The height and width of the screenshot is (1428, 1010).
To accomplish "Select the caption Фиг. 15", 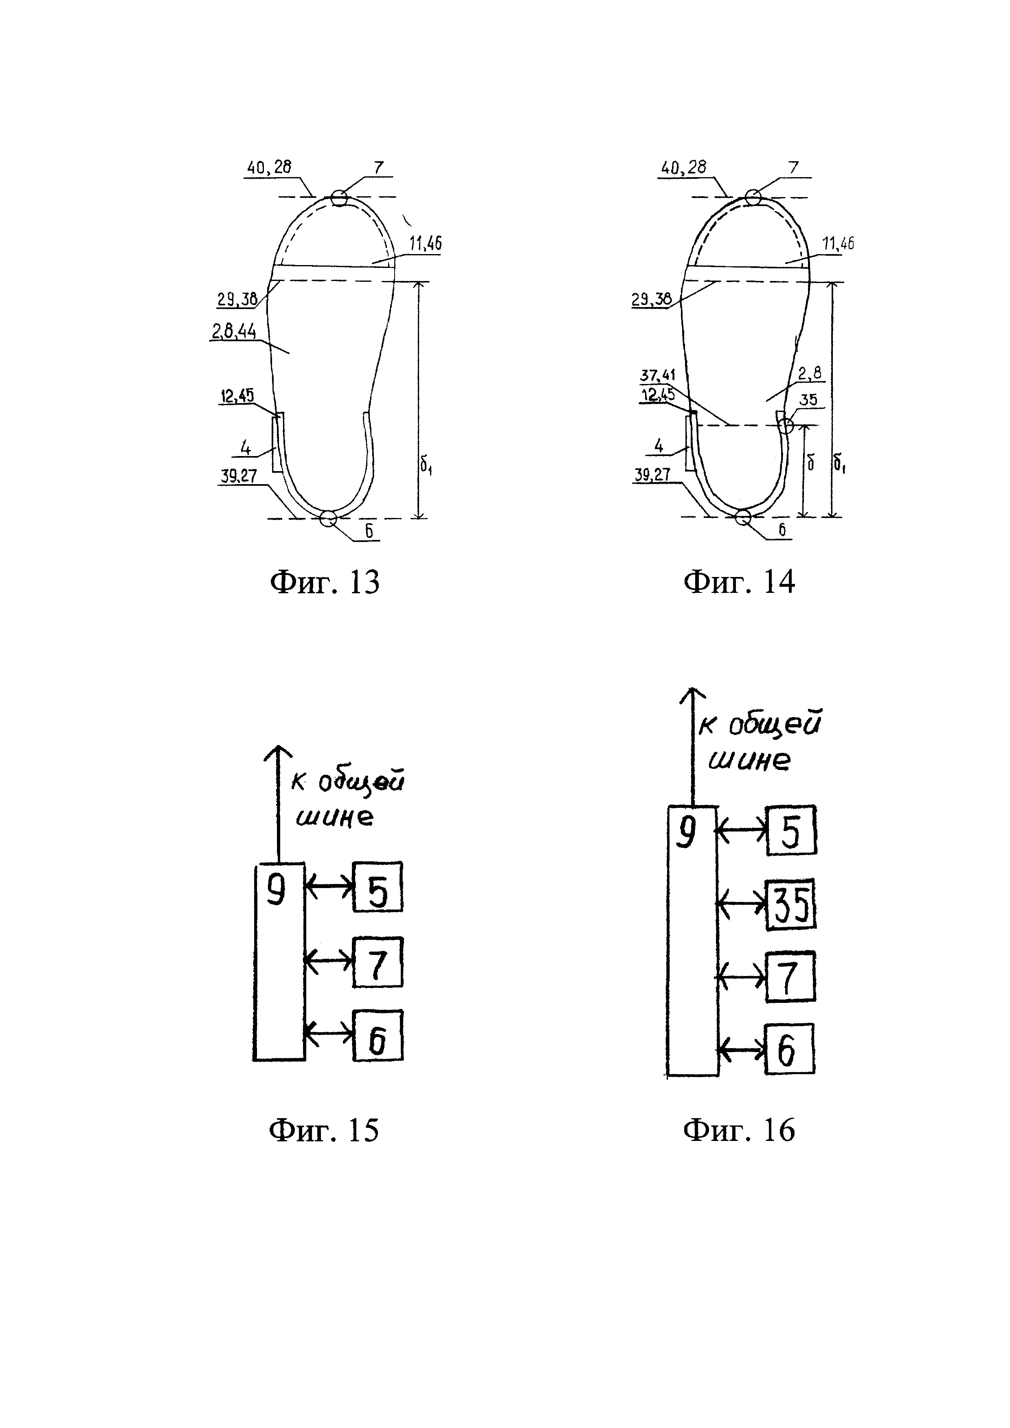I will pos(324,1130).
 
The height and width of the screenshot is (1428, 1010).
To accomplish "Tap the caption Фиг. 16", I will pos(739,1130).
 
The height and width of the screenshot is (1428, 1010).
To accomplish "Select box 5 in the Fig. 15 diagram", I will pos(378,887).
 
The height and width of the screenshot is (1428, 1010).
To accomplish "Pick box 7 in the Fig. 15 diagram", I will pos(378,961).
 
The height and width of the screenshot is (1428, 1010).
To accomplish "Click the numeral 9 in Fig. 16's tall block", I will pos(686,834).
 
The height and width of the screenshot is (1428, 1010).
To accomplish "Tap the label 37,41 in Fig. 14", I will pos(657,376).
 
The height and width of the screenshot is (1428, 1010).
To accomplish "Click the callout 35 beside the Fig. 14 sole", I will pos(808,399).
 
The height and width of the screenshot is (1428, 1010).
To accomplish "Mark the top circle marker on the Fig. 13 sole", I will pos(339,198).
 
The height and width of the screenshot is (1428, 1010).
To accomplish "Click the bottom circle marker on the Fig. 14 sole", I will pos(742,517).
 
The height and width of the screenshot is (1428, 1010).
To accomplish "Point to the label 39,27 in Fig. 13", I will pos(239,476).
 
